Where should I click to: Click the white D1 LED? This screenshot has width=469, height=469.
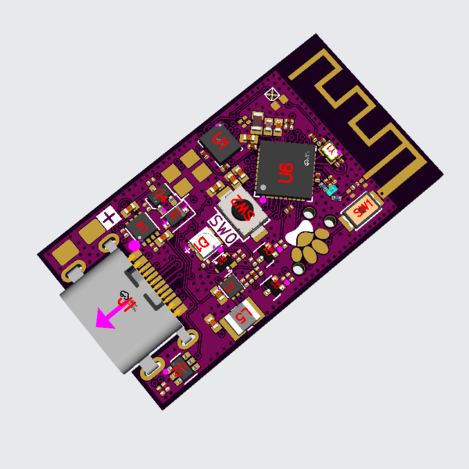(202, 245)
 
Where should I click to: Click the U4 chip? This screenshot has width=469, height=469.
(231, 286)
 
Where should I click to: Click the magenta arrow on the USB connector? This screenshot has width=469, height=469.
(107, 317)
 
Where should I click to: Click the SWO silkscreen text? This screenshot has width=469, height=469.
(225, 232)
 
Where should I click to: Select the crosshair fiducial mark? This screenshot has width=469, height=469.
(274, 95)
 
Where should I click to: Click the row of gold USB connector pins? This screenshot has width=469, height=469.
(160, 291)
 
